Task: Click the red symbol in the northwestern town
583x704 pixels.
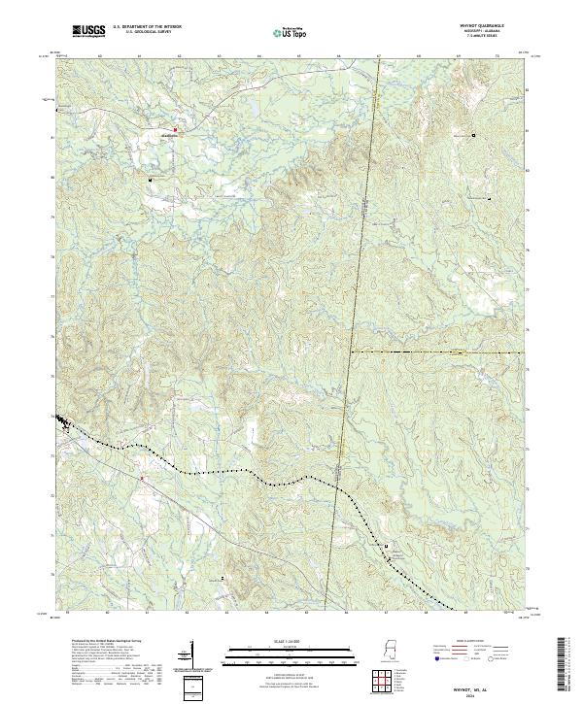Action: (176, 129)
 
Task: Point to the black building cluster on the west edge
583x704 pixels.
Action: (62, 421)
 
